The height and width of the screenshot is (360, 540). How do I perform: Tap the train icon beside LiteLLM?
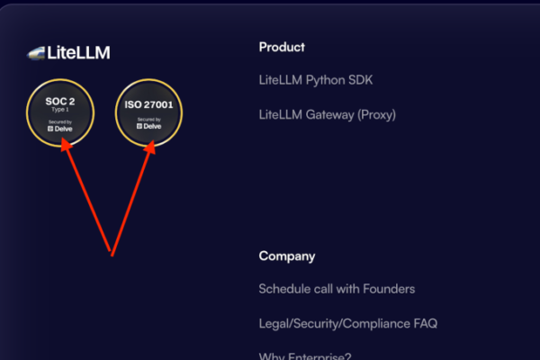click(36, 53)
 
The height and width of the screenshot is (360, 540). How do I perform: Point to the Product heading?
click(282, 47)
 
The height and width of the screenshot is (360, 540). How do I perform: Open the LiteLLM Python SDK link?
click(315, 80)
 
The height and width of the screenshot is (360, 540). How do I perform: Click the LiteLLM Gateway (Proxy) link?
click(327, 114)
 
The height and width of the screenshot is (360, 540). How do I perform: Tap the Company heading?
click(287, 256)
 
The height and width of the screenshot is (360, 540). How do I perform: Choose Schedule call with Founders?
click(337, 289)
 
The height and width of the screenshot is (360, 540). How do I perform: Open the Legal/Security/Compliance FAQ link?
click(347, 323)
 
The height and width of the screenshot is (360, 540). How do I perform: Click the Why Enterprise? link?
click(306, 355)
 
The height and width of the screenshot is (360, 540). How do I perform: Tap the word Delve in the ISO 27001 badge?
click(152, 126)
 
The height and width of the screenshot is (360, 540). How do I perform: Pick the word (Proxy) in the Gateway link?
click(375, 114)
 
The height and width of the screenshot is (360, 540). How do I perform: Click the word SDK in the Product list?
click(361, 80)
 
